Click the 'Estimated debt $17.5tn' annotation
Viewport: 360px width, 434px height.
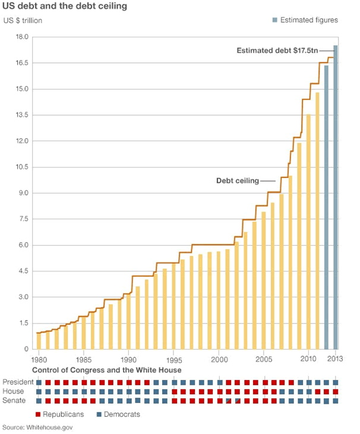(277, 51)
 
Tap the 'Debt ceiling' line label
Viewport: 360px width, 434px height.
(237, 180)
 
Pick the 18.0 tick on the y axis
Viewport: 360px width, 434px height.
(21, 37)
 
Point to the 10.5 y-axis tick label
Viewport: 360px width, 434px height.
(21, 167)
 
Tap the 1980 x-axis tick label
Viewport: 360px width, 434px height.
(39, 360)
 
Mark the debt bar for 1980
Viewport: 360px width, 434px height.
(39, 341)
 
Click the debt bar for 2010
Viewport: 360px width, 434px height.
(308, 232)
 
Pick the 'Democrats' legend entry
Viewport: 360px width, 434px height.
(117, 414)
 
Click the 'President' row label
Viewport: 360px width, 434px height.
(17, 382)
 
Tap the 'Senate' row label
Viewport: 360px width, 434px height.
(14, 401)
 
